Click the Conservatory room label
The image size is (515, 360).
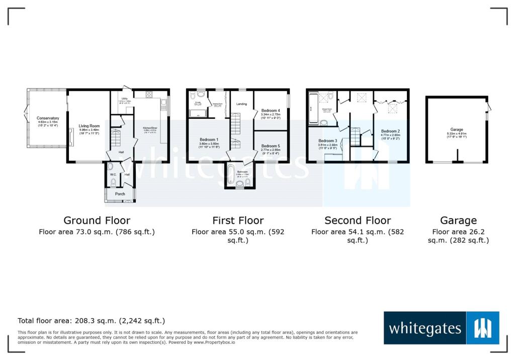(x=48, y=118)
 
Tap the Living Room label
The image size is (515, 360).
(x=89, y=126)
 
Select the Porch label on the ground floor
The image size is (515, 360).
(x=120, y=194)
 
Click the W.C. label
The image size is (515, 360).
(x=113, y=175)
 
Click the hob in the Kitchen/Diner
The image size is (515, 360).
(x=149, y=95)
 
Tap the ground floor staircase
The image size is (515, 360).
(x=116, y=136)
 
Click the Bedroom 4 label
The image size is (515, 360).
(x=271, y=111)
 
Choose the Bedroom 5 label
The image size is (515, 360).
(x=271, y=146)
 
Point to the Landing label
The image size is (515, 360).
(x=241, y=104)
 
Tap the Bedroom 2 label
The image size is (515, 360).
(x=390, y=131)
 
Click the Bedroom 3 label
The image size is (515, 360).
(x=327, y=141)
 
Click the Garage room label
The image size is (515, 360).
(x=457, y=129)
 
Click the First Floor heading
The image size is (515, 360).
(x=238, y=220)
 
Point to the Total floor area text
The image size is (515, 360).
(x=91, y=320)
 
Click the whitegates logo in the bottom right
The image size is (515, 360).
(x=441, y=328)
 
